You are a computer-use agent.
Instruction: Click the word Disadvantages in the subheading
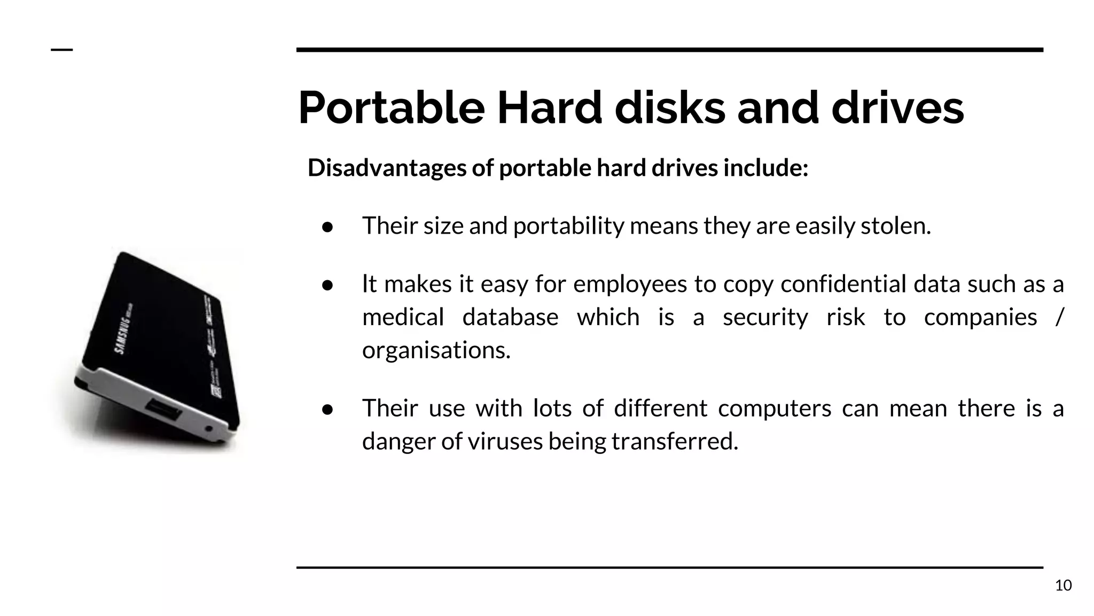pos(387,168)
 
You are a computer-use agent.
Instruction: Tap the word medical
pos(403,317)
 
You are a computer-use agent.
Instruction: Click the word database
pos(510,317)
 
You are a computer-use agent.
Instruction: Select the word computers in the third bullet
pos(775,409)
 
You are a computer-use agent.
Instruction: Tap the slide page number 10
pos(1063,586)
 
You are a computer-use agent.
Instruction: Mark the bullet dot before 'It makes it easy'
pos(327,286)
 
